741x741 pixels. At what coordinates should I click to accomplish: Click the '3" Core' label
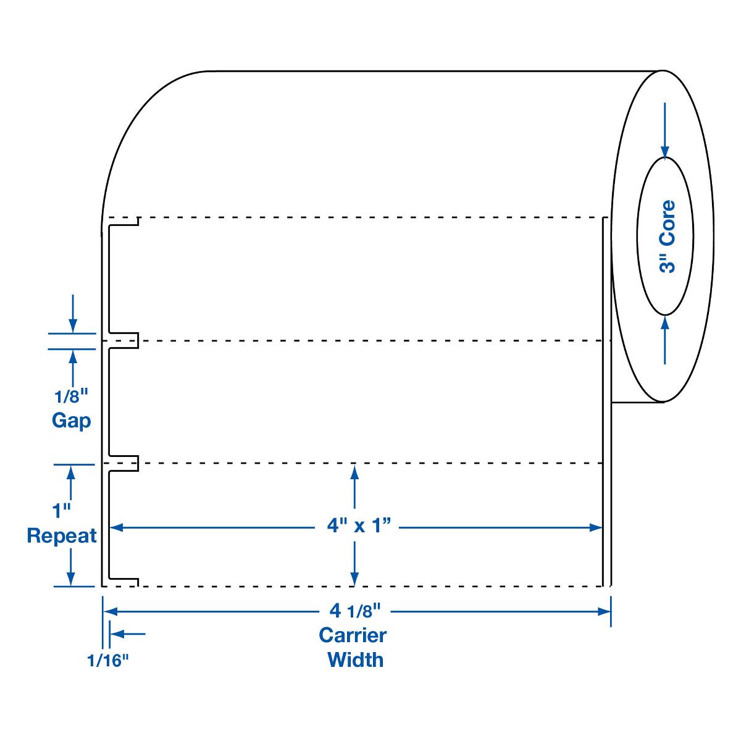[x=668, y=237]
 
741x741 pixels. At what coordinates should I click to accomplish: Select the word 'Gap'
[x=72, y=421]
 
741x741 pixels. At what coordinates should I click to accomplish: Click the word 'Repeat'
[x=62, y=535]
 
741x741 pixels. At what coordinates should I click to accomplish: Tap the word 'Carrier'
[x=353, y=635]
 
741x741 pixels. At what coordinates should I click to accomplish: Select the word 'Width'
[x=355, y=659]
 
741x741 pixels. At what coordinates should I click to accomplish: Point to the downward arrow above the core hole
[x=664, y=151]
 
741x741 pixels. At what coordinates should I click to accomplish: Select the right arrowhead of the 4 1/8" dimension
[x=605, y=611]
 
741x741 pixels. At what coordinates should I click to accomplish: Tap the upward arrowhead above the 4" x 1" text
[x=354, y=471]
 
